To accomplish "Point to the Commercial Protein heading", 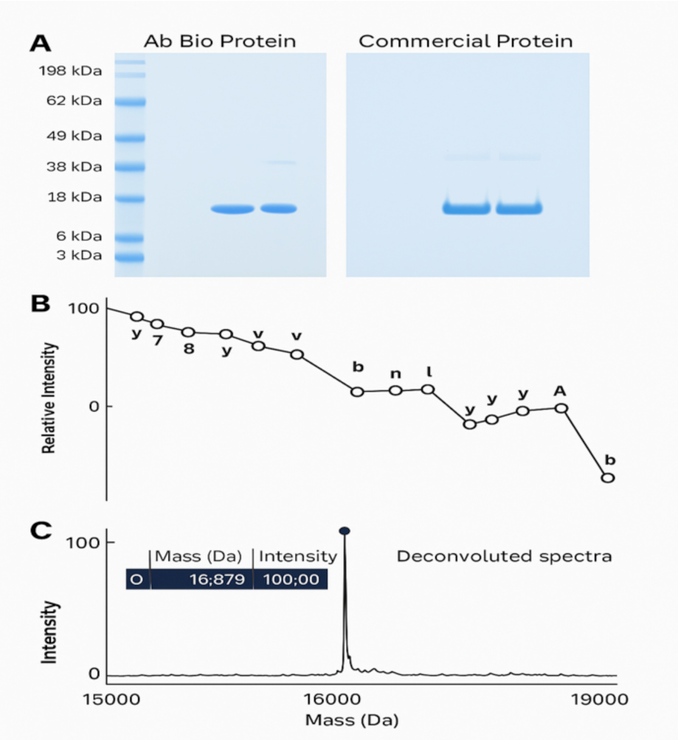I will coord(466,41).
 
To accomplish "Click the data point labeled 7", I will coord(157,324).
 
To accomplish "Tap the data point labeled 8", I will coord(188,333).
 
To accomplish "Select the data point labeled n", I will coord(395,390).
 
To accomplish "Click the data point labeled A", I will coord(561,407).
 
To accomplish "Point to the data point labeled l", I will coord(428,389).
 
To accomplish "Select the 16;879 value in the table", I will coord(218,579).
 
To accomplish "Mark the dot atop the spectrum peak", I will coord(344,530).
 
